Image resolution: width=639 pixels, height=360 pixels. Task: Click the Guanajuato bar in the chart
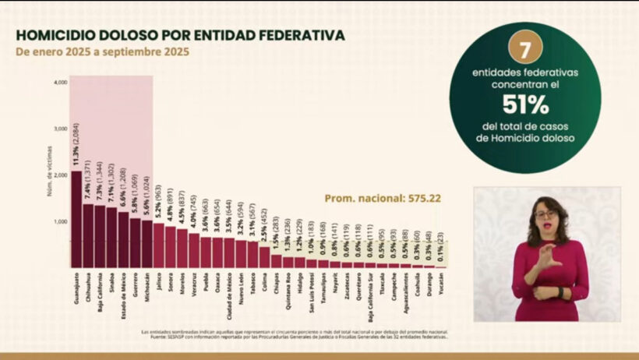pos(76,222)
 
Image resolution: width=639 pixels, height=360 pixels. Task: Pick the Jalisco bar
pos(158,245)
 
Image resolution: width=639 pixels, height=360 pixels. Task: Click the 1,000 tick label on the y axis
pos(60,222)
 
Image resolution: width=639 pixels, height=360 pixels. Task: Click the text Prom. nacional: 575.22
pos(383,198)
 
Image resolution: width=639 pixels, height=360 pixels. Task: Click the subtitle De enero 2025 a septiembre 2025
pos(101,52)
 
